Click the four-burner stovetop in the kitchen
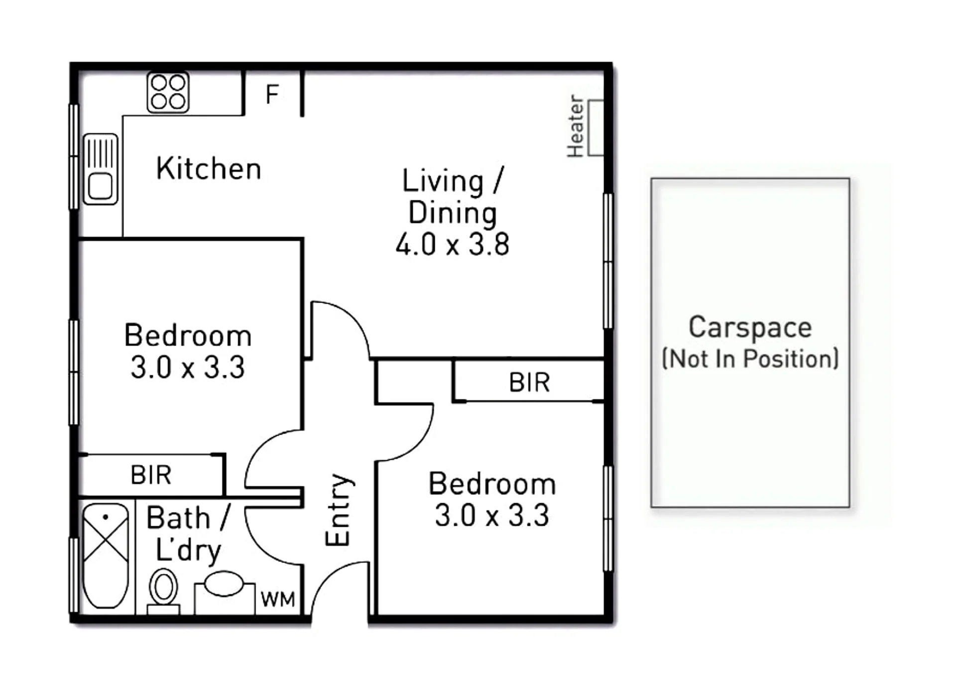pos(168,93)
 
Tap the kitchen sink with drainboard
pos(101,169)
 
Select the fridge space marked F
pos(272,94)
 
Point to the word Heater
pos(575,126)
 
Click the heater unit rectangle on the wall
pos(596,127)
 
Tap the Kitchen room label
pos(209,168)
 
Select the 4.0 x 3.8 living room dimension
pos(453,244)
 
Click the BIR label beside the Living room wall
pos(529,382)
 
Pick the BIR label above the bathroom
pos(151,474)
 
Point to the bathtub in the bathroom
pos(106,556)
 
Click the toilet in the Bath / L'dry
pos(163,592)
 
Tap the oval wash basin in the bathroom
pos(224,584)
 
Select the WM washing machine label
pos(278,599)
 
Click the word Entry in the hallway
pos(339,510)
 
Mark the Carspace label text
pos(750,329)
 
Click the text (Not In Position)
pos(750,358)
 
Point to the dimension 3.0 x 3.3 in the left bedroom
pos(188,367)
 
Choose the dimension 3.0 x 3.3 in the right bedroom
pos(492,515)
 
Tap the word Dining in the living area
pos(453,213)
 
